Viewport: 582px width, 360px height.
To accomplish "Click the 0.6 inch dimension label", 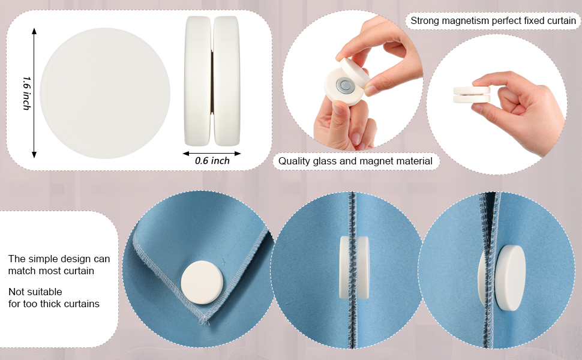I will (x=212, y=161).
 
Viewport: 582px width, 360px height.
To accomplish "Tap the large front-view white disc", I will (x=105, y=94).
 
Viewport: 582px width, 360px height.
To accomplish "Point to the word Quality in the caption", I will (x=295, y=161).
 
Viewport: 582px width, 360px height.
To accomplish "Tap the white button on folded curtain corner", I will (x=202, y=283).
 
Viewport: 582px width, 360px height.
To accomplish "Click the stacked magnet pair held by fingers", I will (x=472, y=94).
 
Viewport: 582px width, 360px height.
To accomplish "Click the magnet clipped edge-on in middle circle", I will (x=354, y=268).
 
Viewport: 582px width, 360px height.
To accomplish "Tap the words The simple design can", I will (x=59, y=259).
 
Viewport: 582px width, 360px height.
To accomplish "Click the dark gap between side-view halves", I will (x=212, y=82).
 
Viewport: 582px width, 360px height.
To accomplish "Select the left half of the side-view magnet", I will (x=198, y=80).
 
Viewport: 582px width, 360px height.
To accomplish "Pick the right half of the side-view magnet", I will (x=227, y=80).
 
